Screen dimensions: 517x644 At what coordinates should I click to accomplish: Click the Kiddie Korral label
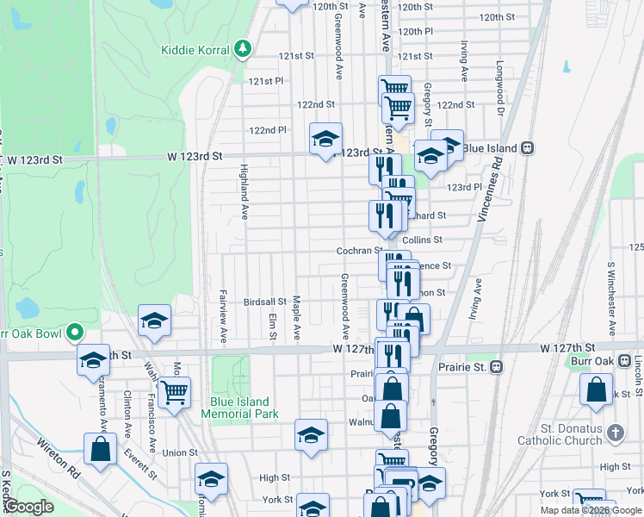[x=195, y=49]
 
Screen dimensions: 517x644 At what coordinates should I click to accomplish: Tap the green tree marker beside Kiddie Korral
[x=244, y=48]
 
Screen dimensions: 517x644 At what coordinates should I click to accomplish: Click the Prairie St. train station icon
[x=495, y=366]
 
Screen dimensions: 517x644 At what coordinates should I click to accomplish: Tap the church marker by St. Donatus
[x=614, y=433]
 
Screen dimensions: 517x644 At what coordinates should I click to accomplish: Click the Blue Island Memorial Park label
[x=240, y=408]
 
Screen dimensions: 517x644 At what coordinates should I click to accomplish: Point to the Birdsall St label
[x=264, y=302]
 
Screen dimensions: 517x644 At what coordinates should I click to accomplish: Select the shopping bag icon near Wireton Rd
[x=101, y=448]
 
